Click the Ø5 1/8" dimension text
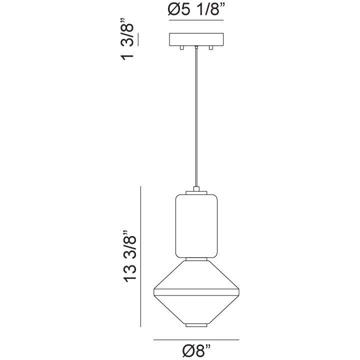[195, 10]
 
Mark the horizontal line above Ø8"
[195, 340]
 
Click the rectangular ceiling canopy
[195, 39]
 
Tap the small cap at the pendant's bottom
[196, 325]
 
